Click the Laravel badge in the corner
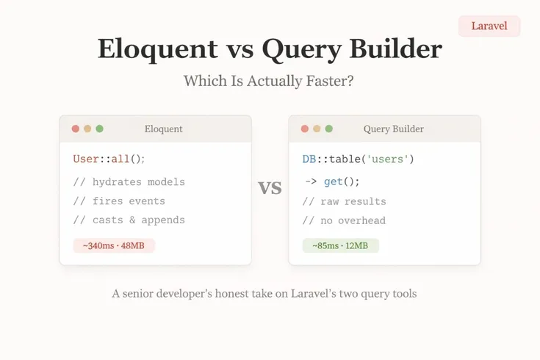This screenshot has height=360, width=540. [489, 26]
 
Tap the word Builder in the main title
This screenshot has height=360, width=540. [397, 49]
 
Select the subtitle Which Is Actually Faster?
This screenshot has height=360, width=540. [269, 81]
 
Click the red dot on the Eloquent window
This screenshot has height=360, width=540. [75, 129]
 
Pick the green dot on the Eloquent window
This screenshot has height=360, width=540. [99, 129]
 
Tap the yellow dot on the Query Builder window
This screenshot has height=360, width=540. [317, 129]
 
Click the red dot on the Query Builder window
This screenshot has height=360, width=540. [304, 129]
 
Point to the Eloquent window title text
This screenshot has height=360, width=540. [164, 129]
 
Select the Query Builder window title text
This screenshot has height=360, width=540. [393, 129]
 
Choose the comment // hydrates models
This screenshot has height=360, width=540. [129, 182]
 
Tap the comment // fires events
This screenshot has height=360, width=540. [119, 201]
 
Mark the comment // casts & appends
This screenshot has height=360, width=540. [129, 220]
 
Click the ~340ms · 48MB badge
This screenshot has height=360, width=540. [114, 245]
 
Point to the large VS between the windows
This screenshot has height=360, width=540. [270, 188]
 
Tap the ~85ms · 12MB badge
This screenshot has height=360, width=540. [340, 245]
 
